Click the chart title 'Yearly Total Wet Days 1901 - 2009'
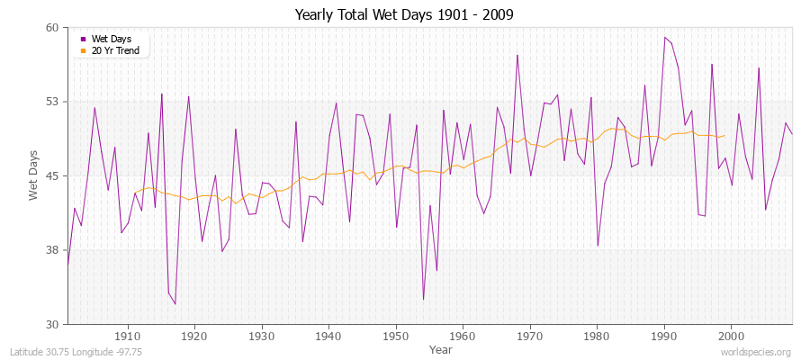(x=404, y=15)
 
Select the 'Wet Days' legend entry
(x=111, y=39)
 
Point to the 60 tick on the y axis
(x=51, y=28)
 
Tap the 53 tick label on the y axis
(x=51, y=102)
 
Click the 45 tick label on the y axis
(x=51, y=175)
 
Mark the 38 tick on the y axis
(x=51, y=250)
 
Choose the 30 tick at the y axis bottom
(x=51, y=324)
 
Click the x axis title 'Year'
(x=441, y=348)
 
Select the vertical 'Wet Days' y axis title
(x=34, y=175)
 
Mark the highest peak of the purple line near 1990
(x=664, y=37)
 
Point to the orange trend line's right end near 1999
(x=725, y=136)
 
